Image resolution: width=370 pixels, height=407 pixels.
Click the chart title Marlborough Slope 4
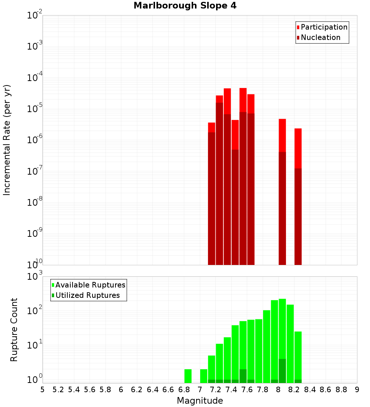click(x=185, y=6)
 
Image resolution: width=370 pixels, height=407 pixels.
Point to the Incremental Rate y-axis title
click(x=7, y=140)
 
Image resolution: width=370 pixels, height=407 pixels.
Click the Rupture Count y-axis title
click(x=14, y=329)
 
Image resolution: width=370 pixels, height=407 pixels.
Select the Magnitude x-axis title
click(x=200, y=401)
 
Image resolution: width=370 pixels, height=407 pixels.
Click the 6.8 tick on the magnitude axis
click(x=184, y=389)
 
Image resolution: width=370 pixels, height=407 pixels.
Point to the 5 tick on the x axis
click(x=43, y=389)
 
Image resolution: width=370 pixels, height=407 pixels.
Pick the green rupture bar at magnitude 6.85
click(x=188, y=376)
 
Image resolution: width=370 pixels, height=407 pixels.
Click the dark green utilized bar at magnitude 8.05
click(x=282, y=371)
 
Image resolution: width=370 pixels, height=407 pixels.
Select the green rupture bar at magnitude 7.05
click(x=203, y=376)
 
